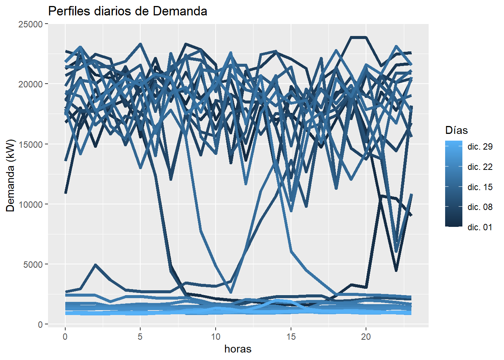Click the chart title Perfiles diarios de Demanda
pos(127,11)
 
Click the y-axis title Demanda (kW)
pos(10,175)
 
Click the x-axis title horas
pos(238,349)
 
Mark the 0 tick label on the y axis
pos(40,324)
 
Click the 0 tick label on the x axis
pos(65,336)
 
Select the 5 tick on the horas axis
pos(140,336)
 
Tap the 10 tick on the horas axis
pos(216,336)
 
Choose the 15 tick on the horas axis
pos(291,336)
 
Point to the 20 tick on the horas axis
pos(366,336)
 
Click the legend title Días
pos(456,130)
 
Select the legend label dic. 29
pos(480,147)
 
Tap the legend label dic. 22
pos(480,167)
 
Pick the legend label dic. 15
pos(480,187)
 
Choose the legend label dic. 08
pos(480,207)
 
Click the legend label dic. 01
pos(480,227)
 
